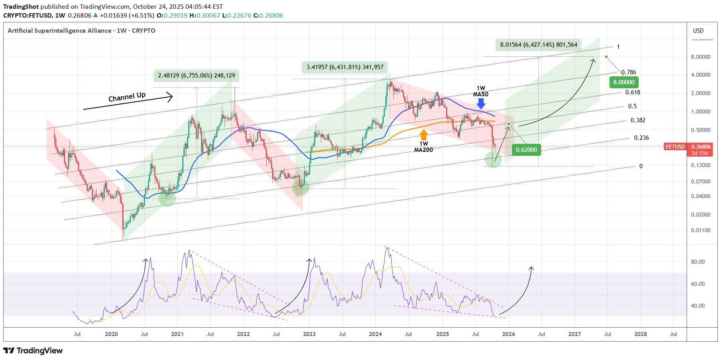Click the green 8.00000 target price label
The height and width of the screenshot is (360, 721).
(x=623, y=82)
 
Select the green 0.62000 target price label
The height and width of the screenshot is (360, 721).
(x=526, y=150)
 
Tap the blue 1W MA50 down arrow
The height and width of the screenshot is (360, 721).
(x=481, y=103)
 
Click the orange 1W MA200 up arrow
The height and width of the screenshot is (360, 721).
(x=424, y=135)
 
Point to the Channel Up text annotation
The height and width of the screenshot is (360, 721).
(x=127, y=97)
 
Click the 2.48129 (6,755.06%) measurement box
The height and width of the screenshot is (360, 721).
(x=196, y=76)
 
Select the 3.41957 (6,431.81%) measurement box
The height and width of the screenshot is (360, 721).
(x=345, y=67)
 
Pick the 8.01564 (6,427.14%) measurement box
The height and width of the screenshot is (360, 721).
(x=538, y=45)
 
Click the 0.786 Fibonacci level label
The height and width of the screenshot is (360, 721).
(x=629, y=72)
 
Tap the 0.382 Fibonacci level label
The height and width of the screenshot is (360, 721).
(x=637, y=120)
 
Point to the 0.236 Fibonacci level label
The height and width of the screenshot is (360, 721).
(x=641, y=138)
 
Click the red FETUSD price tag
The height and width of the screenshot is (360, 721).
(x=675, y=147)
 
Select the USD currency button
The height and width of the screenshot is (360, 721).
(x=698, y=31)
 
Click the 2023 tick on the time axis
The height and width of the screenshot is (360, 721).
(x=309, y=334)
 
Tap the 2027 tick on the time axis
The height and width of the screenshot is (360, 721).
(x=574, y=334)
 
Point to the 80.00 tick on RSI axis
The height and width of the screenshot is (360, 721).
(x=697, y=262)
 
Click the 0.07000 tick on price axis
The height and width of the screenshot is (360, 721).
(x=700, y=181)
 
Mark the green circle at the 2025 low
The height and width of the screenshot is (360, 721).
(x=493, y=159)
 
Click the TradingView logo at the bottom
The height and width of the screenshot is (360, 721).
(x=33, y=350)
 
